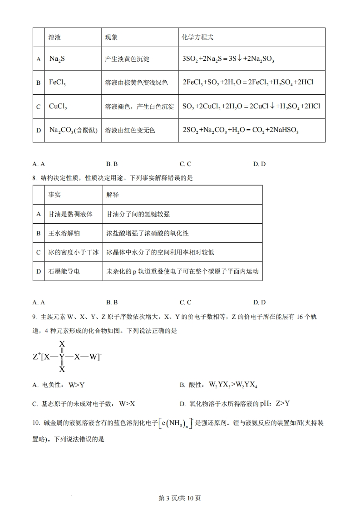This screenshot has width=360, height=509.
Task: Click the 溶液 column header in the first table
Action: click(55, 37)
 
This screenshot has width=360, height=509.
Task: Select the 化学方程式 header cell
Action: click(197, 37)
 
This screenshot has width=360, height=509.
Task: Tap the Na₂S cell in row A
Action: click(58, 59)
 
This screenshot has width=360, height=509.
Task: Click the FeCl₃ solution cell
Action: click(57, 83)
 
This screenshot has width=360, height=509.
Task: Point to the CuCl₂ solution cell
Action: click(58, 107)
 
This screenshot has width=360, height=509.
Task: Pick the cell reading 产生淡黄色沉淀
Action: click(127, 59)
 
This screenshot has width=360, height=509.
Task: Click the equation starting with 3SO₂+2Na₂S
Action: click(229, 59)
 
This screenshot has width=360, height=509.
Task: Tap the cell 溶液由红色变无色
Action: click(130, 130)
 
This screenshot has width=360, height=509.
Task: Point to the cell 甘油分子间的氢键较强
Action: click(138, 214)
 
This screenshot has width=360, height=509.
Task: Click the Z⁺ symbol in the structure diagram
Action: click(37, 357)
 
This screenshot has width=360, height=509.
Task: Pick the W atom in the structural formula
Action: click(94, 357)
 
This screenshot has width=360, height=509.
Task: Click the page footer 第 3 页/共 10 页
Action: click(180, 498)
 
